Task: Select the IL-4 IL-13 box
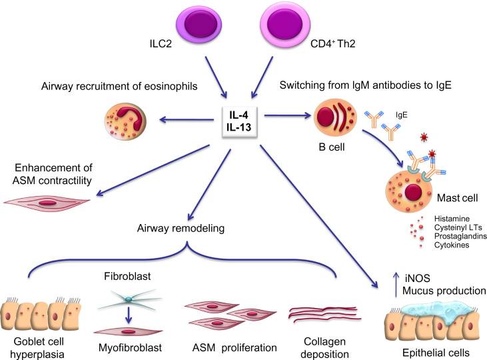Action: tap(239, 121)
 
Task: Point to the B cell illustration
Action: tap(335, 119)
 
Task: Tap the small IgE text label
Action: tap(401, 115)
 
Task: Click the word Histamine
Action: tap(452, 219)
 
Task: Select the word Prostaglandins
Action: tap(460, 236)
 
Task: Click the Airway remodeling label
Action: tap(181, 228)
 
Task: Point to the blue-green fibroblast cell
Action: tap(129, 300)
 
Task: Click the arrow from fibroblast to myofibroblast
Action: tap(129, 315)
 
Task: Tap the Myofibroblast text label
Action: tap(130, 347)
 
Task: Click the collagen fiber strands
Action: tap(325, 314)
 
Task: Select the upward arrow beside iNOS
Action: tap(395, 284)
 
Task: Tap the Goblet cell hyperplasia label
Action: tap(38, 347)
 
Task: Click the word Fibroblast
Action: tap(127, 276)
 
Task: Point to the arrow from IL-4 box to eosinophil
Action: tap(187, 119)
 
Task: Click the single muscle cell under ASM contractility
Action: tap(47, 203)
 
